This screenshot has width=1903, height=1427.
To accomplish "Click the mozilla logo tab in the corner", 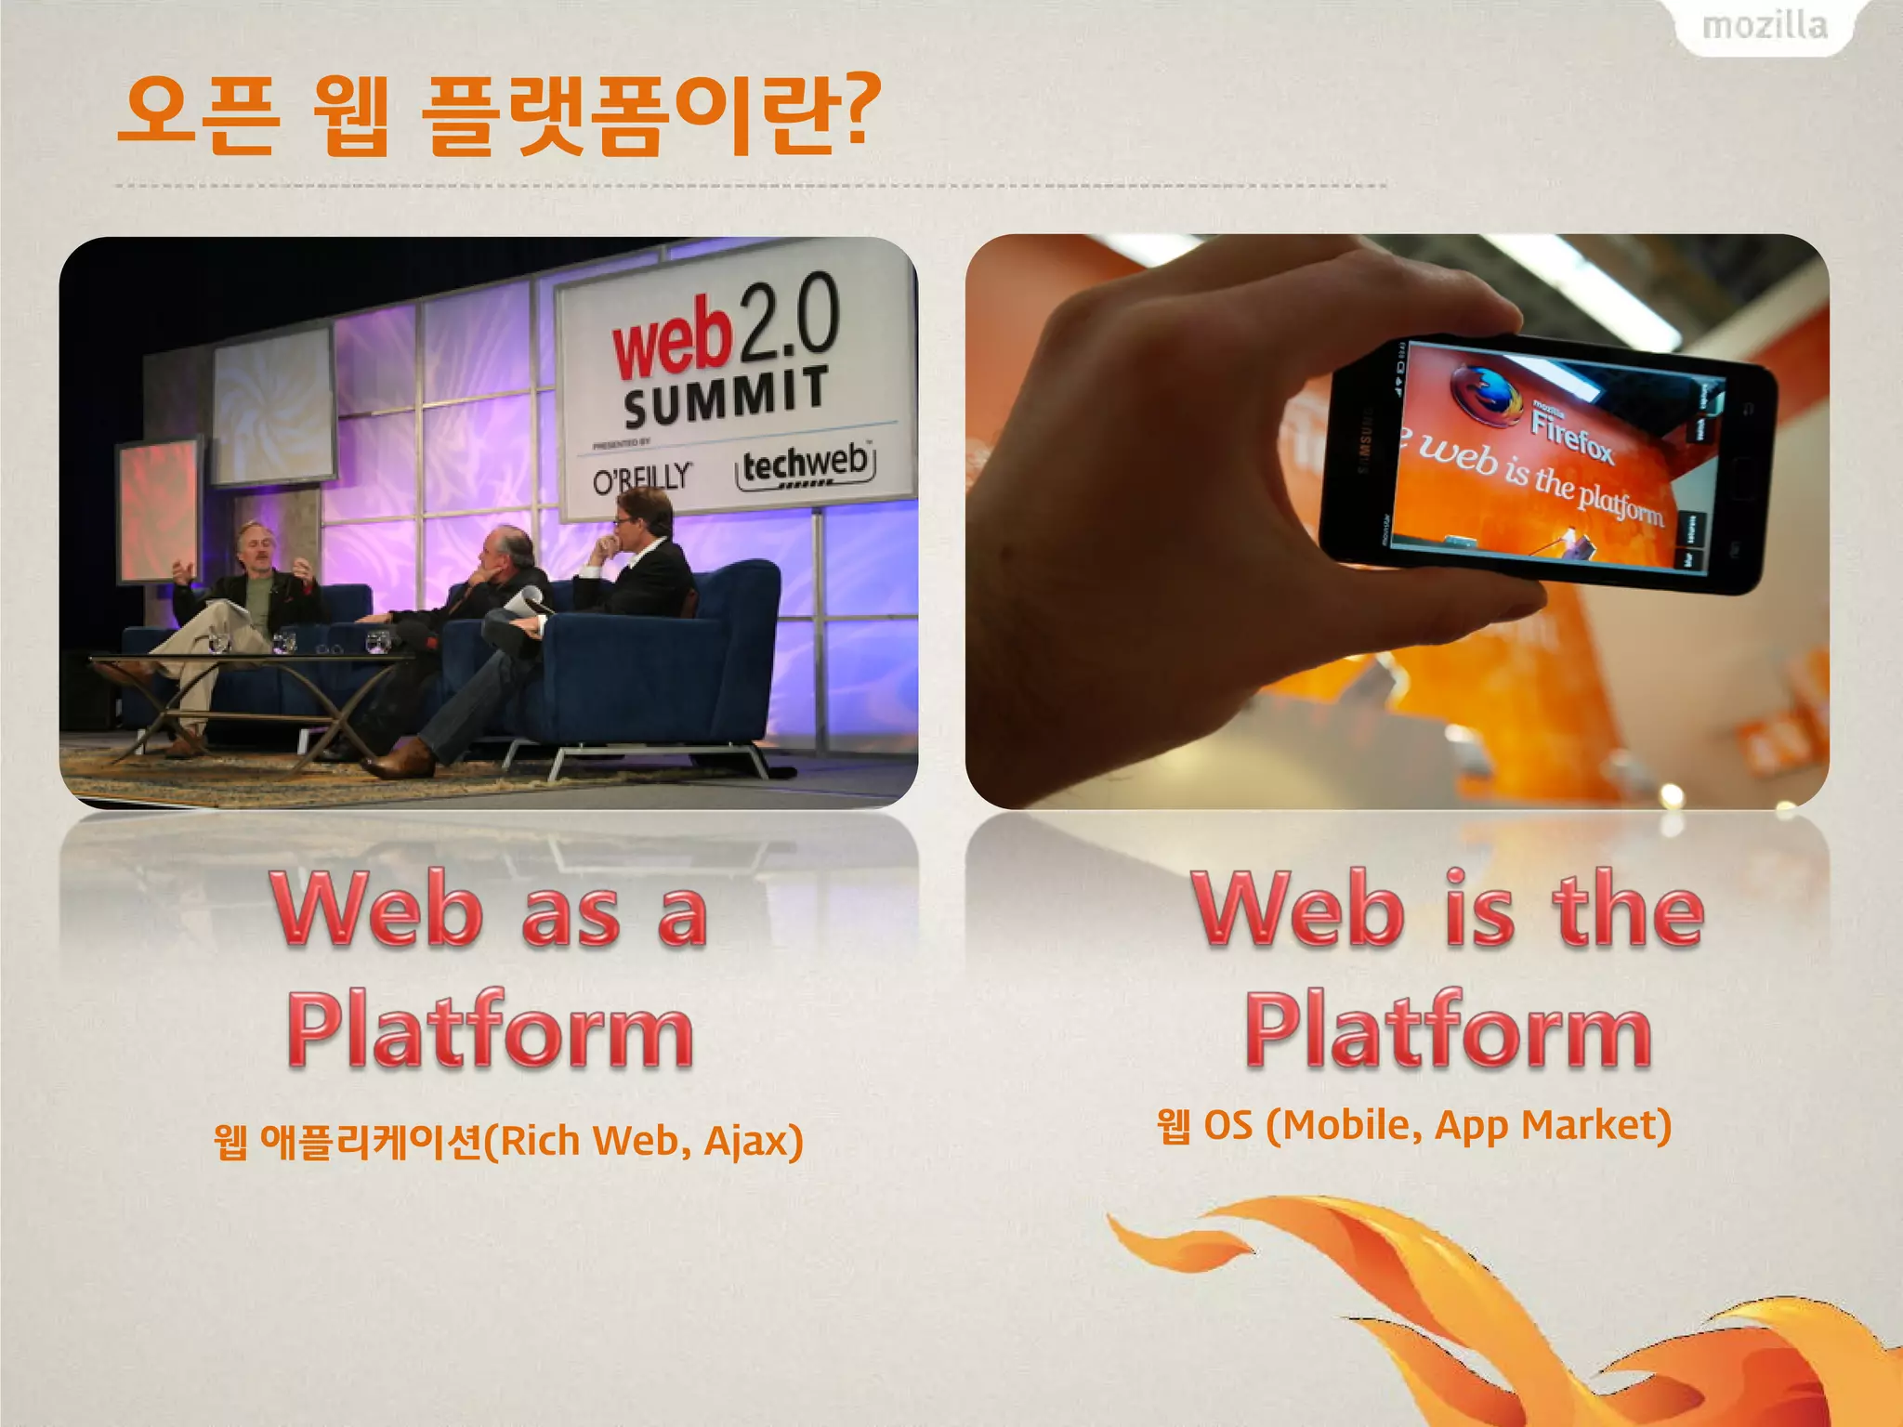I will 1765,26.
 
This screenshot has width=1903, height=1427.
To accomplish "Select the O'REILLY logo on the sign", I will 642,478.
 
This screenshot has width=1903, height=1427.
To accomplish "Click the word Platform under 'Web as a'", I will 490,1029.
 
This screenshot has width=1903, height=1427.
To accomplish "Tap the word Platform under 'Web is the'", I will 1448,1029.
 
